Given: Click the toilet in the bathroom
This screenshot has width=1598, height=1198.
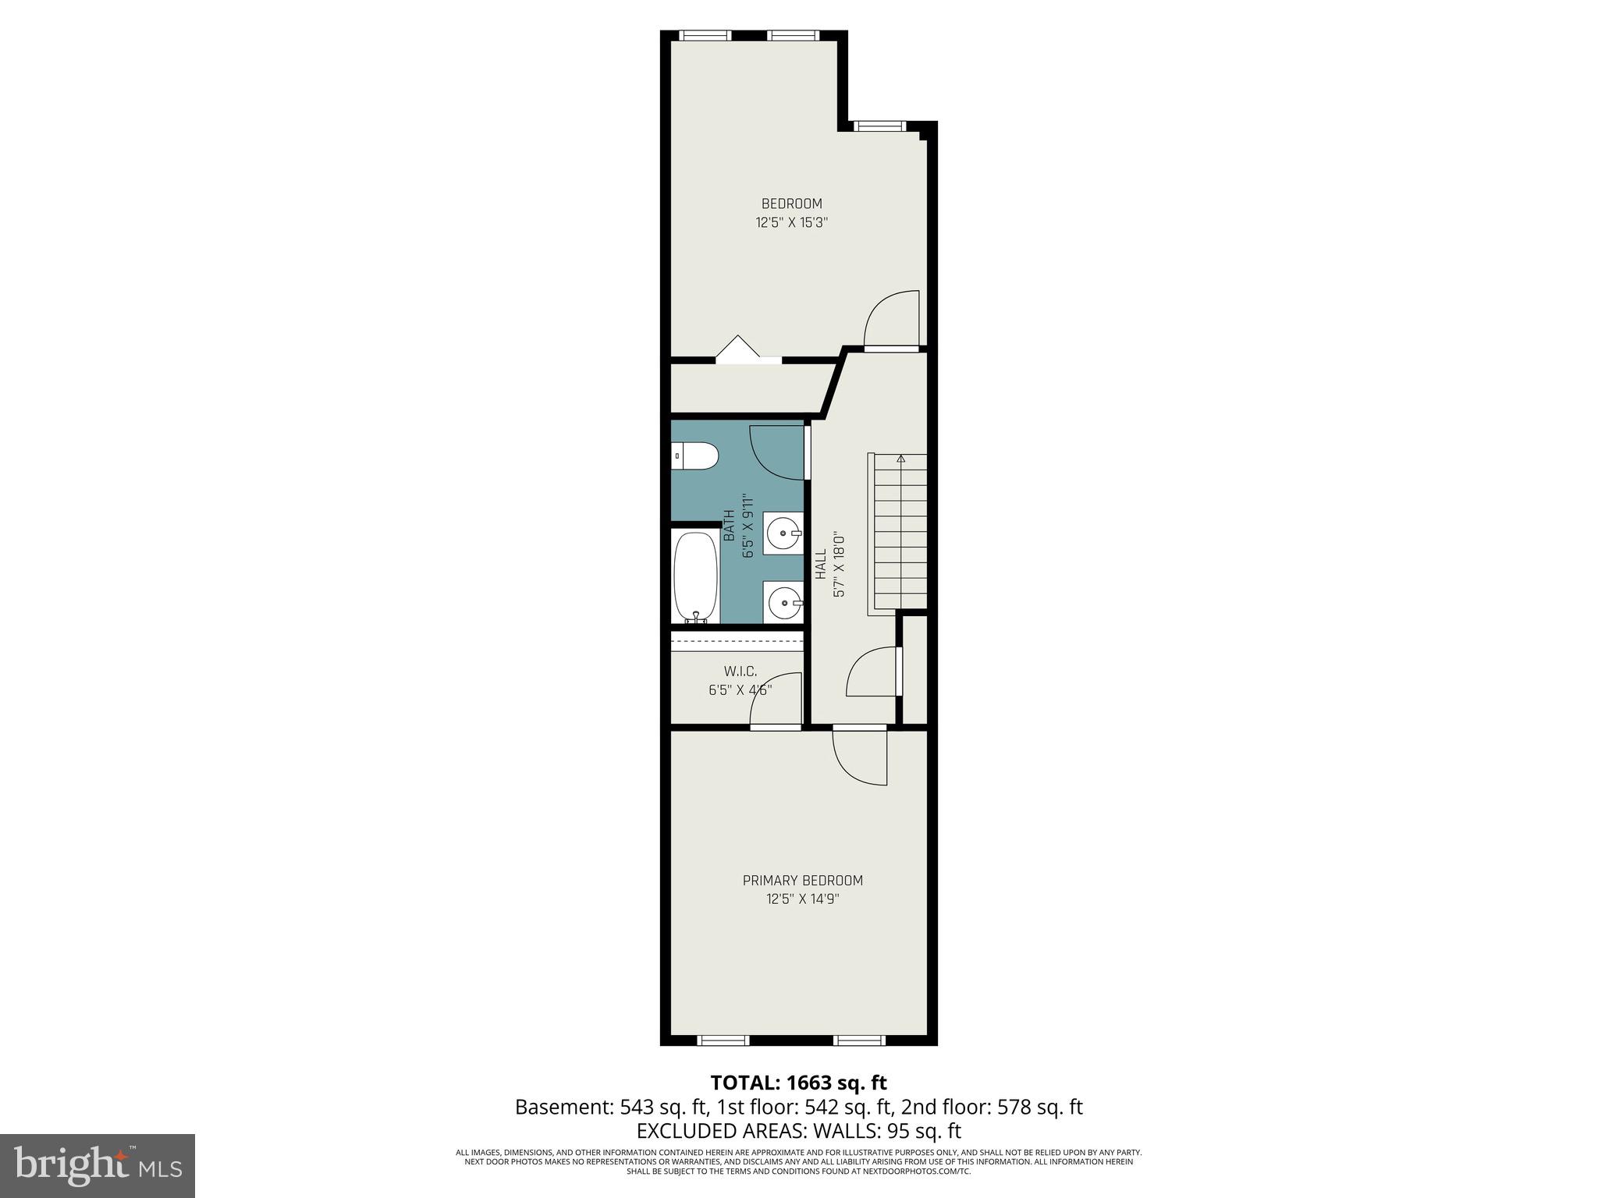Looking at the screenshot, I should click(695, 456).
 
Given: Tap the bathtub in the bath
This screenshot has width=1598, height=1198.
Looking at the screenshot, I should click(696, 576).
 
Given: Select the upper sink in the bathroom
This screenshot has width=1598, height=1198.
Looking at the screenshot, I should click(783, 534).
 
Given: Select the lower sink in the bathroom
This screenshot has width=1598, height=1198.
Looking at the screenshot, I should click(783, 602).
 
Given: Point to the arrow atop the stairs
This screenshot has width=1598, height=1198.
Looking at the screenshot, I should click(901, 459).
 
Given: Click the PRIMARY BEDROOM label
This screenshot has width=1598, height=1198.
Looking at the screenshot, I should click(802, 881).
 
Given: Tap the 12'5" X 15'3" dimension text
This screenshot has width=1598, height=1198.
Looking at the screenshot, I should click(791, 222).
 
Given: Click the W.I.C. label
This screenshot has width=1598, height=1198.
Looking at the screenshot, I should click(740, 671).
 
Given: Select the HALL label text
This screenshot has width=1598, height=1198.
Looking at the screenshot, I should click(821, 564).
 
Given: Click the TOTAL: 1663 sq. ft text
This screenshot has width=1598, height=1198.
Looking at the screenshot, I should click(798, 1083).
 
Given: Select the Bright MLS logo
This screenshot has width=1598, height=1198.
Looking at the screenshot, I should click(98, 1165).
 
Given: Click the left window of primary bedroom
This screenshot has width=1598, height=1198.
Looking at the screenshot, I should click(723, 1040).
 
